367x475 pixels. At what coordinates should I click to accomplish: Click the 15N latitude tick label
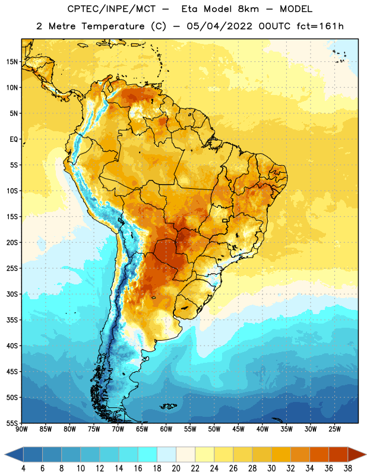click(12, 62)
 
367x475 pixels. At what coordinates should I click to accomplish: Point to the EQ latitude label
click(14, 140)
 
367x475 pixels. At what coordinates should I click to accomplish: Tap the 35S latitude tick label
click(12, 320)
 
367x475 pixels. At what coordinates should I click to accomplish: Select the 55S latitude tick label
click(12, 423)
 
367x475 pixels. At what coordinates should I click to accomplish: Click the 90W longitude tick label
click(21, 429)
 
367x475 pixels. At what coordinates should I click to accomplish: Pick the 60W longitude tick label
click(166, 429)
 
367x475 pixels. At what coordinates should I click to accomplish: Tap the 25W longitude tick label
click(334, 429)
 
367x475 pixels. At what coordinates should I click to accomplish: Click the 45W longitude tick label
click(238, 429)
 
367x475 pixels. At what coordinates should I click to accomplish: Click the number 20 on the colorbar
click(176, 468)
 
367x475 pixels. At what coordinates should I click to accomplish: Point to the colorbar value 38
click(348, 468)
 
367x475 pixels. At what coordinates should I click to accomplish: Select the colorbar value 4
click(23, 468)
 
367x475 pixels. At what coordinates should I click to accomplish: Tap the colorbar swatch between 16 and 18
click(147, 454)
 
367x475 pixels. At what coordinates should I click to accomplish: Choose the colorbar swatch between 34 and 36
click(319, 454)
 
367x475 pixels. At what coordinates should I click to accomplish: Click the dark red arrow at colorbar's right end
click(356, 454)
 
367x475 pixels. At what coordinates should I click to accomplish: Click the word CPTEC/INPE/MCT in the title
click(111, 9)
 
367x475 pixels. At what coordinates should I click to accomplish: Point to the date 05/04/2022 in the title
click(219, 26)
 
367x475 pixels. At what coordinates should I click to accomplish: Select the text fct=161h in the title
click(320, 26)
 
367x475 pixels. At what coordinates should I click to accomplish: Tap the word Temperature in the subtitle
click(113, 26)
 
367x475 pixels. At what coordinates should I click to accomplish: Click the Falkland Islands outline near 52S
click(168, 406)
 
